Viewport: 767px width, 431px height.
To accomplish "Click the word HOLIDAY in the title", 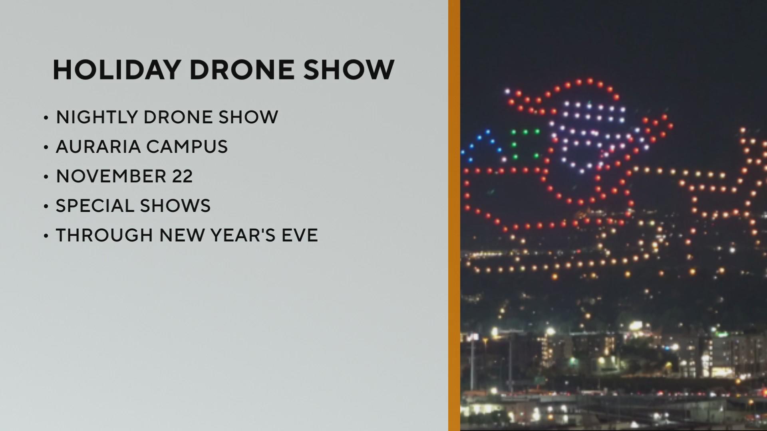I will (116, 70).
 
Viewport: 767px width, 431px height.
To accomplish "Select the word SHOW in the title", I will (349, 70).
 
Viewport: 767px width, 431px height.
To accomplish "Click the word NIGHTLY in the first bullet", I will (97, 117).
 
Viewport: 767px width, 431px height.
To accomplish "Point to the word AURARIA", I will (97, 146).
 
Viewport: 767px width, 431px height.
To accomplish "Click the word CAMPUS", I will (187, 146).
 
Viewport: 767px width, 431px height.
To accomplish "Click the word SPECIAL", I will (94, 206).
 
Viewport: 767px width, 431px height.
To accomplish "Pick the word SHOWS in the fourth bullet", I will (175, 206).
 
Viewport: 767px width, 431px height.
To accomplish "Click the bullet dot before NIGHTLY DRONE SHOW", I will (46, 118).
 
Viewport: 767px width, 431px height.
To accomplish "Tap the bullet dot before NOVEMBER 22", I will (46, 177).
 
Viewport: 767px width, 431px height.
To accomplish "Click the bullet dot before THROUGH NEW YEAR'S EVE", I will (46, 236).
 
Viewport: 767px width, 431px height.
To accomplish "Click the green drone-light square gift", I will (525, 144).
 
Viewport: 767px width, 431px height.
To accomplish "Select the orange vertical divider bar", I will (454, 215).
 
